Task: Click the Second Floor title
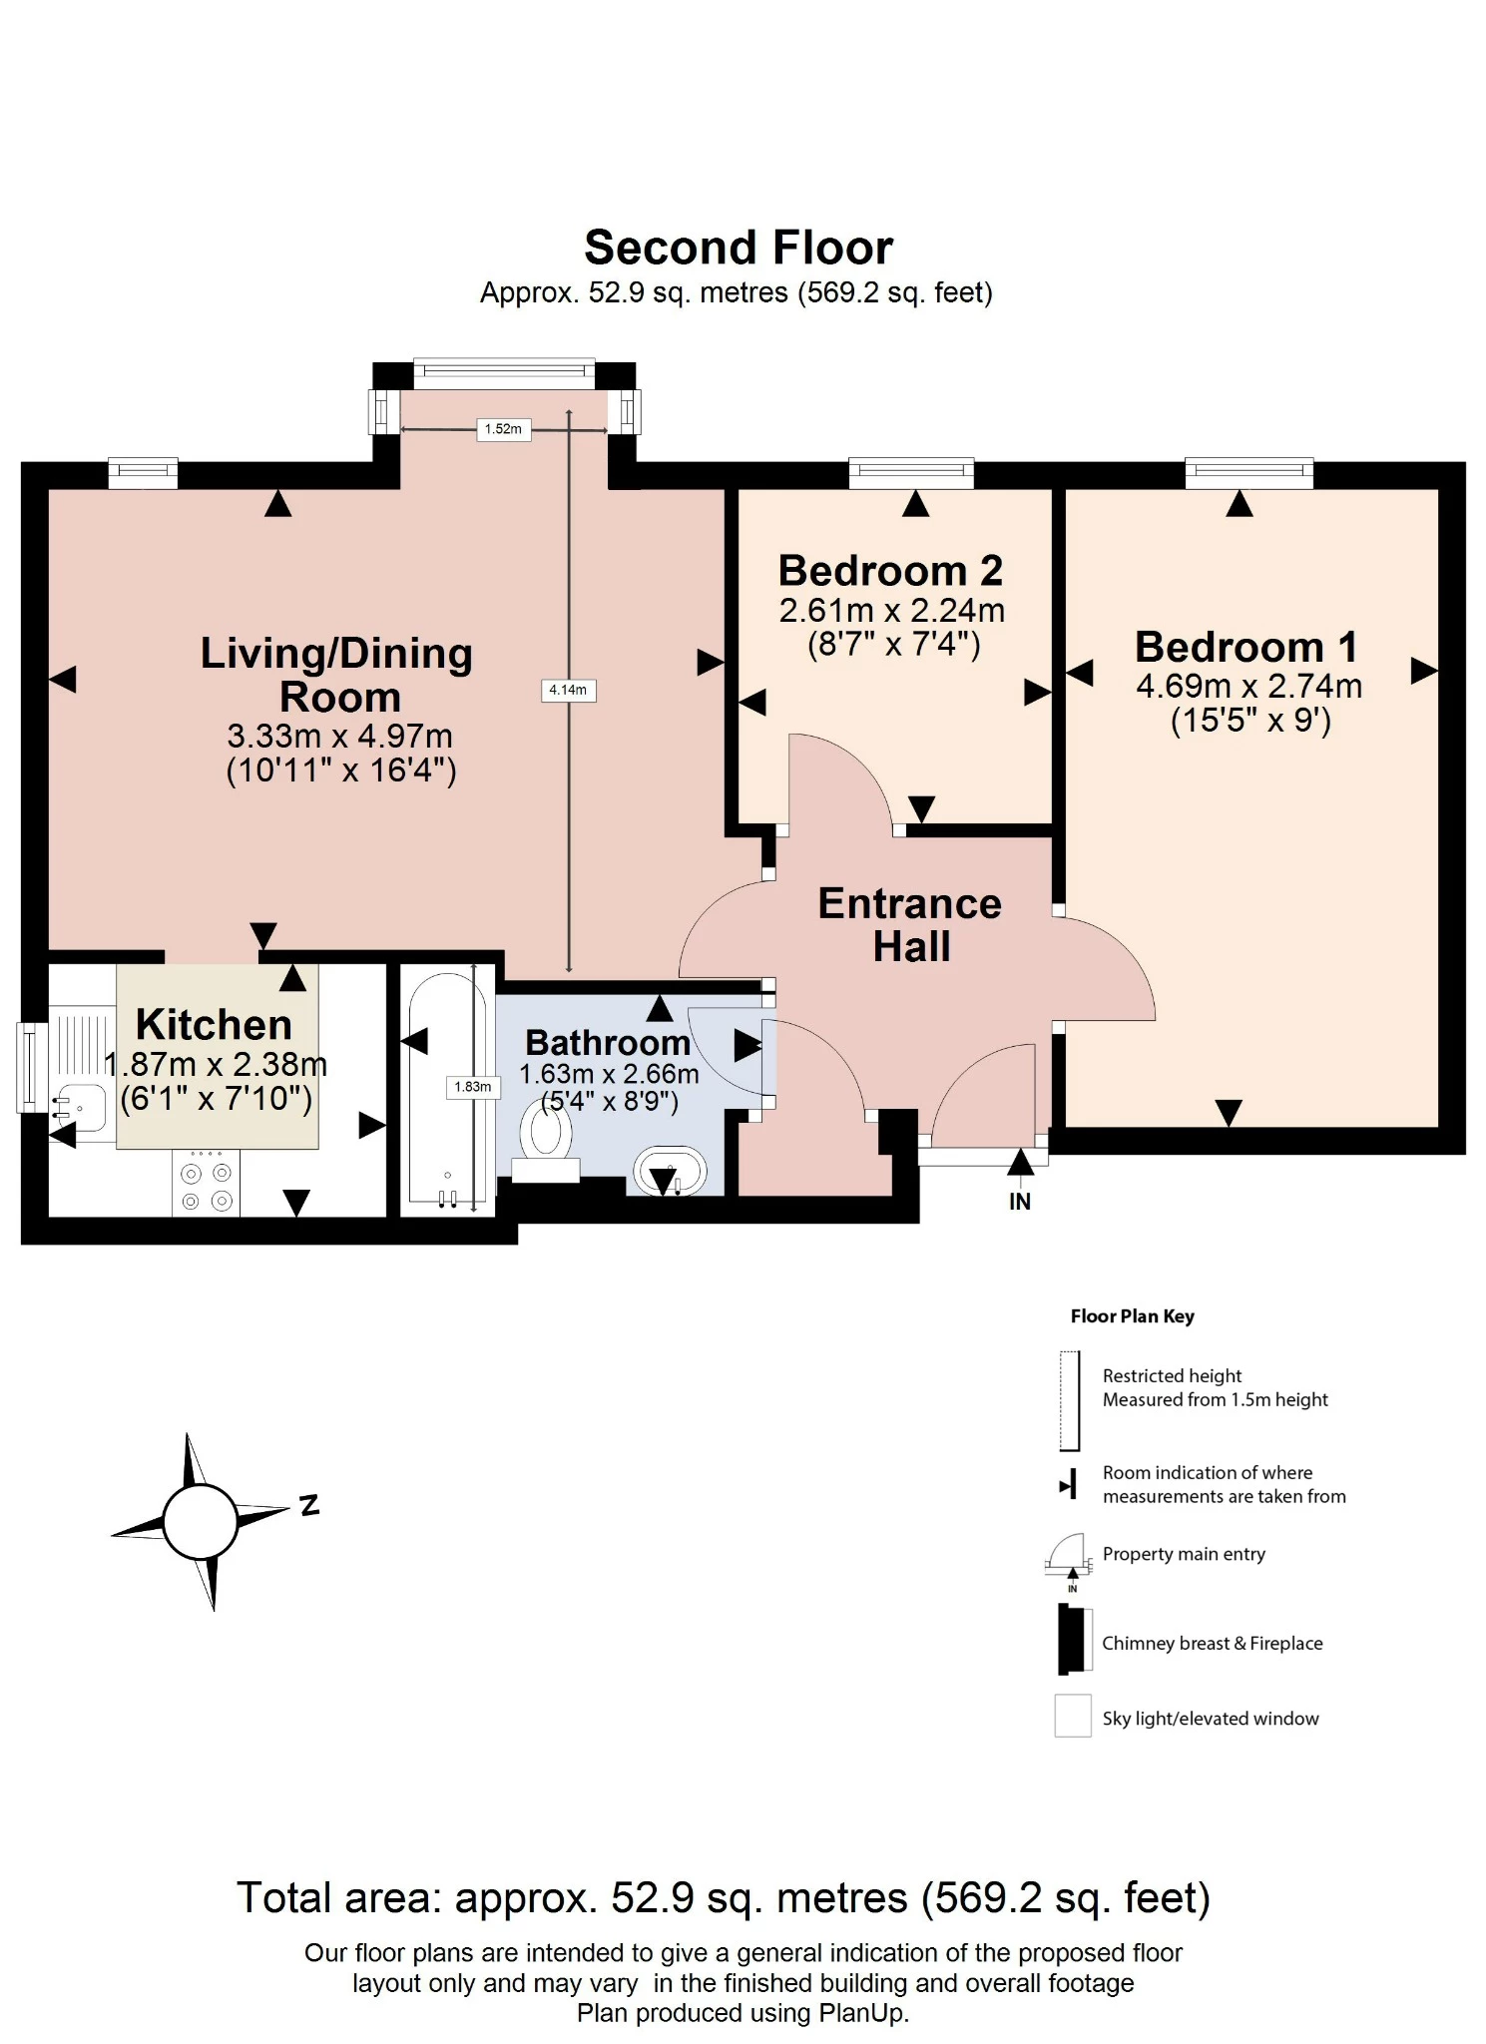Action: [x=738, y=248]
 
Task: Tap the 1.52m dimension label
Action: [x=503, y=429]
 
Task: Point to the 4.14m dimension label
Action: [x=568, y=690]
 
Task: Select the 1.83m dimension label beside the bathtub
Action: [x=472, y=1087]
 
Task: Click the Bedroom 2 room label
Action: [x=890, y=571]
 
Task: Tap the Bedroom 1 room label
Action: [x=1246, y=647]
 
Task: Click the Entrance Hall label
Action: [x=910, y=924]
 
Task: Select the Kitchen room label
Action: [x=214, y=1024]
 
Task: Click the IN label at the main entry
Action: [x=1019, y=1202]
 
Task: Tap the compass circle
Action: [x=200, y=1522]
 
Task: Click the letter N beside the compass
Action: [x=309, y=1505]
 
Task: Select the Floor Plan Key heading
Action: [x=1132, y=1316]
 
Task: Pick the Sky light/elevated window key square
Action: [x=1073, y=1717]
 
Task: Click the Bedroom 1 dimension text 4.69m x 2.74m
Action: [x=1248, y=687]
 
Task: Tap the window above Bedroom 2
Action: [x=910, y=472]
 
